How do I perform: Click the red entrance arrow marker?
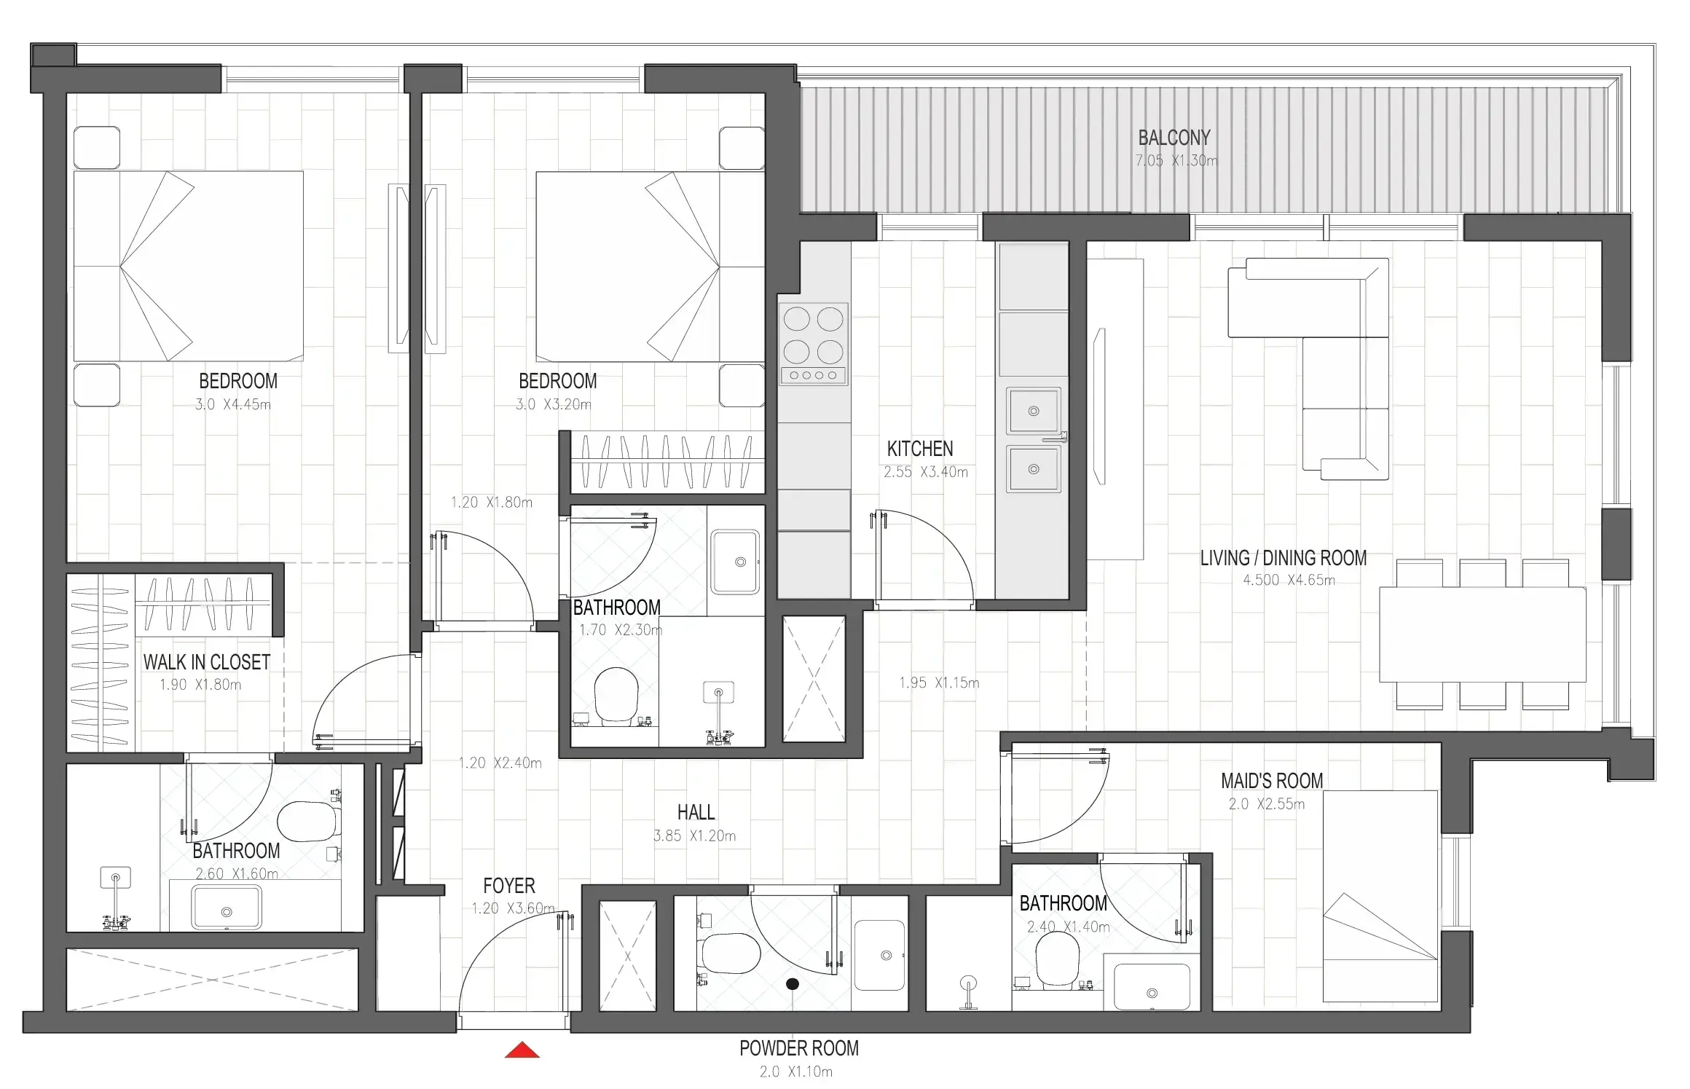click(x=522, y=1050)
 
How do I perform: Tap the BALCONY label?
click(x=1174, y=138)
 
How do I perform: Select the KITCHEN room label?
click(x=919, y=449)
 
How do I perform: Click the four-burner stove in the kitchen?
click(x=813, y=343)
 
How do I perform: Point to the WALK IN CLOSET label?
click(x=206, y=662)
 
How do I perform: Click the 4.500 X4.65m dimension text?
click(x=1288, y=581)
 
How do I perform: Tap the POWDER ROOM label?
click(x=798, y=1048)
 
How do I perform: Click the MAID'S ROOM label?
click(x=1271, y=781)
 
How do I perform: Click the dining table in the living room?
click(x=1482, y=634)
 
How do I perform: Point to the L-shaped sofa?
click(x=1326, y=342)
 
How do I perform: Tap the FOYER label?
click(x=508, y=886)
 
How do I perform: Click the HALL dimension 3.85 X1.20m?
click(x=694, y=836)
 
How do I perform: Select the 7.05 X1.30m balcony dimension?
click(x=1175, y=161)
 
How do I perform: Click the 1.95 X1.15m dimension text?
click(x=938, y=683)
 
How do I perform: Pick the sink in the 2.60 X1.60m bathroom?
click(x=226, y=911)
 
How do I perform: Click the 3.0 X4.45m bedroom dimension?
click(x=232, y=404)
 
